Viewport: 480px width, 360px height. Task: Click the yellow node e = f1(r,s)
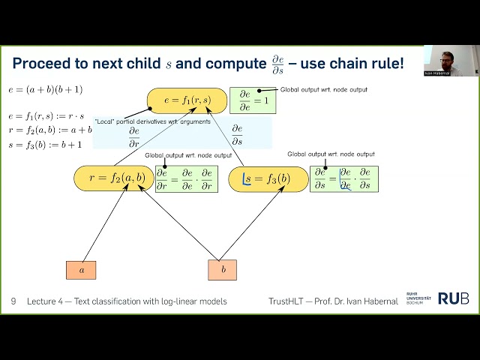(186, 100)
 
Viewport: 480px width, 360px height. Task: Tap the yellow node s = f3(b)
(268, 178)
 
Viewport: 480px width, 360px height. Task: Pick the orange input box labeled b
(222, 270)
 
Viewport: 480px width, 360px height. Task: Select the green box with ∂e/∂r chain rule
(186, 178)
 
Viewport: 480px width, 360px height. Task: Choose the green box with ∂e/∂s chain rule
(344, 178)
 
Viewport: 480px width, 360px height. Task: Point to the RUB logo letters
(453, 298)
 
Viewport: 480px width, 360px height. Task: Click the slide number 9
(13, 301)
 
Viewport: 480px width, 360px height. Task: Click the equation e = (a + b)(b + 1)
(46, 90)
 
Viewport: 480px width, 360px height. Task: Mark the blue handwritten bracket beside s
(246, 178)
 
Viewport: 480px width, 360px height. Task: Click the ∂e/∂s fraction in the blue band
(237, 133)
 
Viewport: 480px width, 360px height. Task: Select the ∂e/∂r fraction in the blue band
(134, 133)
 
